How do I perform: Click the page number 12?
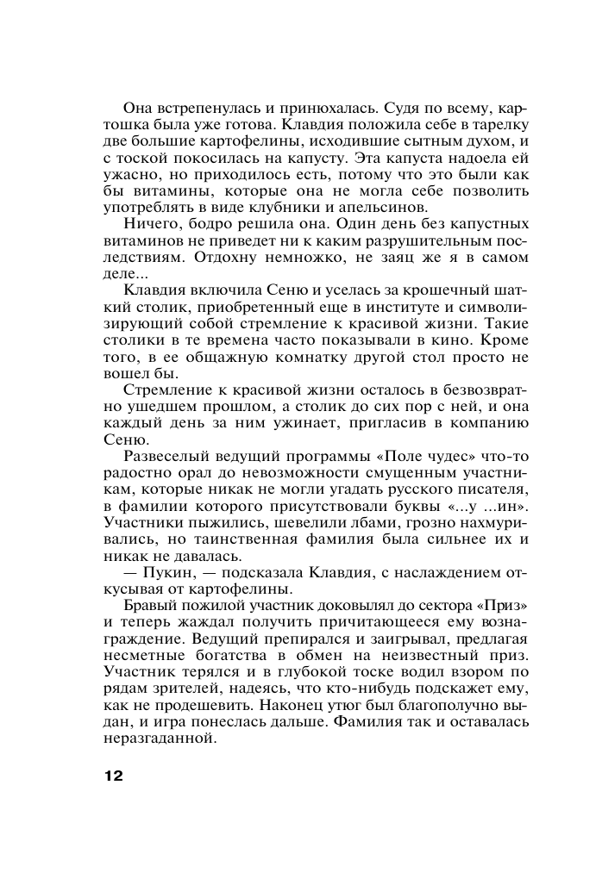(113, 776)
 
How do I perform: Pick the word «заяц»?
(383, 258)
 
